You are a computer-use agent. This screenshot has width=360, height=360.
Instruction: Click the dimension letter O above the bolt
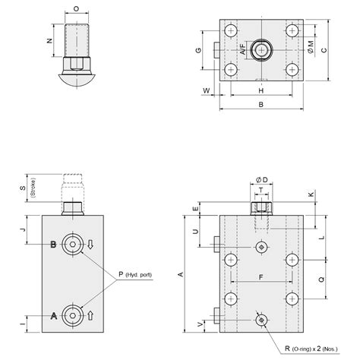[76, 9]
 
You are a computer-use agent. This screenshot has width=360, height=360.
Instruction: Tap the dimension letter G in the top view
[197, 51]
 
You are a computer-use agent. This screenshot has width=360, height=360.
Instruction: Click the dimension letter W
[206, 90]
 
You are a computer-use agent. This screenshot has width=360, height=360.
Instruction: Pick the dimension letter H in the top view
[261, 90]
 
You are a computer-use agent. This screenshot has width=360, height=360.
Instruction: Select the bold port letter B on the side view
[53, 244]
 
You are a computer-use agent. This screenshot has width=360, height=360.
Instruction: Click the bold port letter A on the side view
[53, 314]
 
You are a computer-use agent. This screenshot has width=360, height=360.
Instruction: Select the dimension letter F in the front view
[261, 277]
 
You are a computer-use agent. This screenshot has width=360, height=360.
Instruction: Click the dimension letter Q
[322, 278]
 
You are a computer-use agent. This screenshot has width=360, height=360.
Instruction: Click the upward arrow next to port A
[91, 314]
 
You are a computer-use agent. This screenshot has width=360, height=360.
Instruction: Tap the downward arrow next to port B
[91, 244]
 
